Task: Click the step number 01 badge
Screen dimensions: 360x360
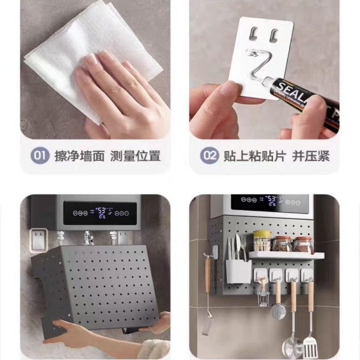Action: [x=40, y=155]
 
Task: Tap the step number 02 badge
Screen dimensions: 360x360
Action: [x=210, y=155]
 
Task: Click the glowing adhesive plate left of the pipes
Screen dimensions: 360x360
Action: [x=38, y=238]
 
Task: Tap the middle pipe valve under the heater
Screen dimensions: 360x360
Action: [x=88, y=238]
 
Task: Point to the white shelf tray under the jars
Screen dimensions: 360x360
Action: [x=286, y=255]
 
